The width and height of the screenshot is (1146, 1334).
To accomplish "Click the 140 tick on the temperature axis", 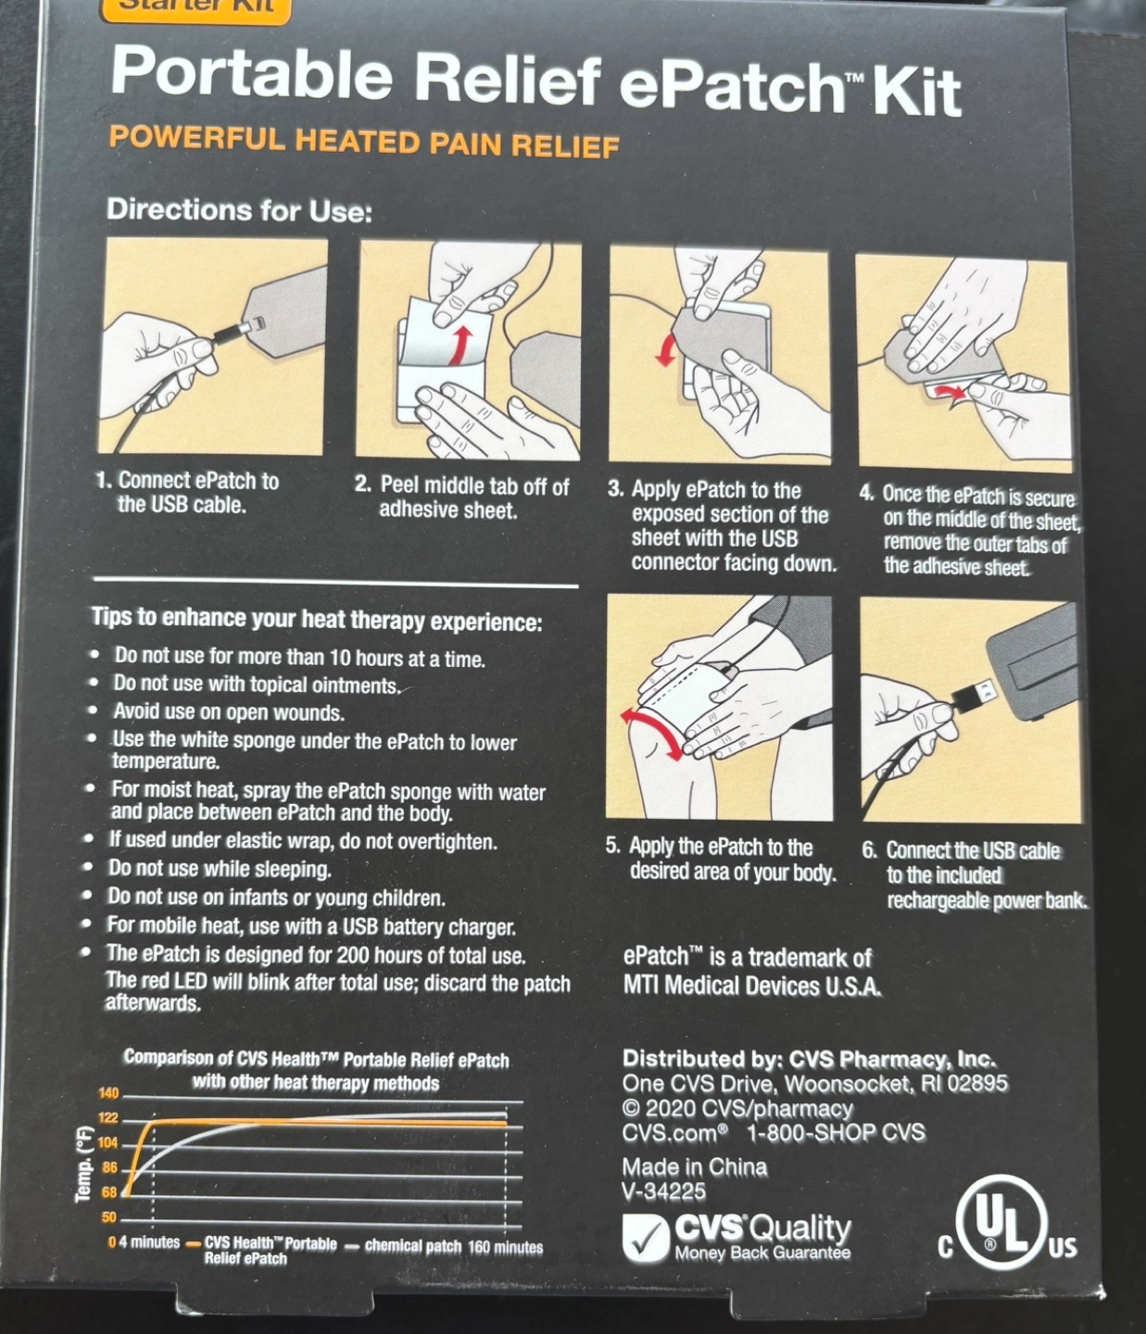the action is pos(108,1093).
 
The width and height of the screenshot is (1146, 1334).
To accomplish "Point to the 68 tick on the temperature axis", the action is pos(109,1192).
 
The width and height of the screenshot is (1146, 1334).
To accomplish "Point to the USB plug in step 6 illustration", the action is pos(975,693).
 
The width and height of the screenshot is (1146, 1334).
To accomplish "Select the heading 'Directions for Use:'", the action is pos(239,210).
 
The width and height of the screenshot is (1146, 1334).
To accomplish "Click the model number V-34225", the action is pos(664,1192).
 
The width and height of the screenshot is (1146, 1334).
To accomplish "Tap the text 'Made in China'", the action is pos(694,1167).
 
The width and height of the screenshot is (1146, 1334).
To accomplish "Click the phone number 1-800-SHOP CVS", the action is pos(836,1132).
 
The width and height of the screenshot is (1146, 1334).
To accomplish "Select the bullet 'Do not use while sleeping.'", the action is pos(220,869).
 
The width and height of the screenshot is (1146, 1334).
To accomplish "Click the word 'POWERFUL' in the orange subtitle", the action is pos(196,138).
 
